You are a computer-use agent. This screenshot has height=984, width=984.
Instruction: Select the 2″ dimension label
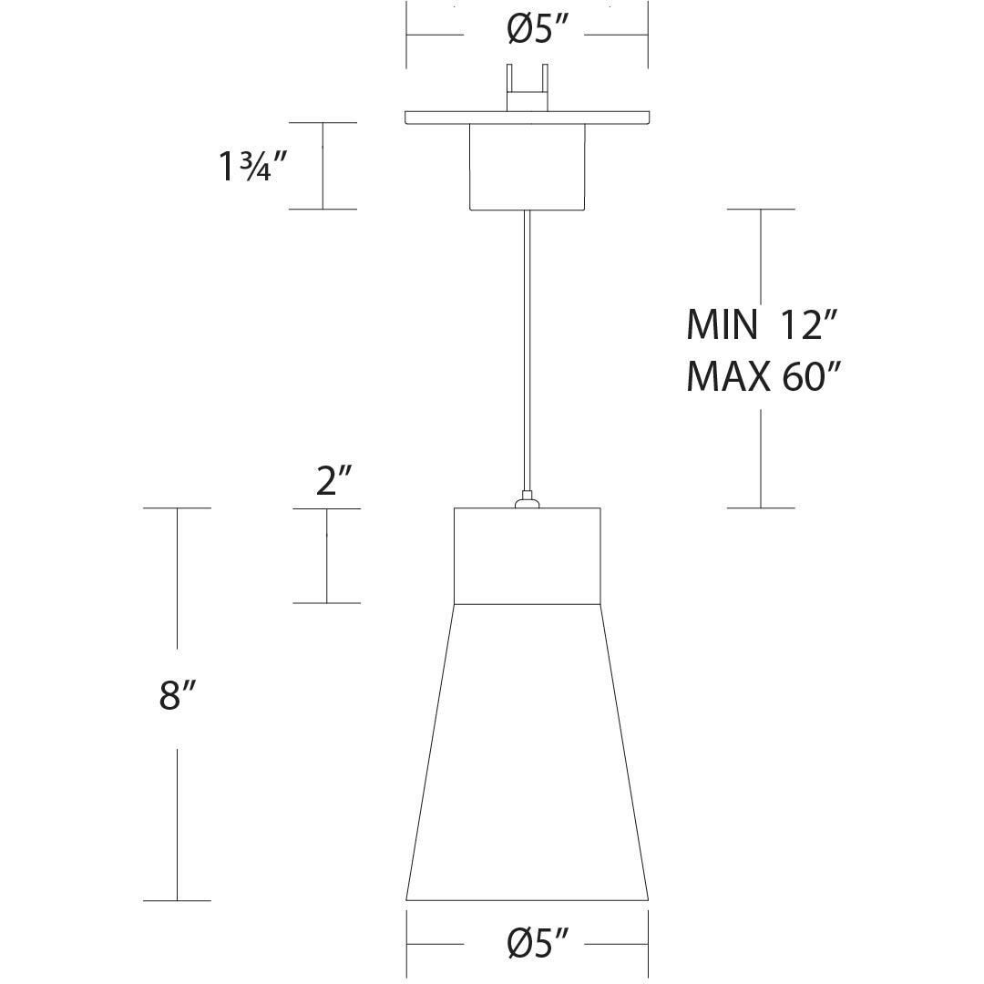[334, 481]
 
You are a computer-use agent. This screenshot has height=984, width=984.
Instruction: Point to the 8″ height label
[177, 694]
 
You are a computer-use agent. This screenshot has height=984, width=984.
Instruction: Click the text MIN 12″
[761, 323]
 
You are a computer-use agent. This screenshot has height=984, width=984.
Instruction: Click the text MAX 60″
[761, 375]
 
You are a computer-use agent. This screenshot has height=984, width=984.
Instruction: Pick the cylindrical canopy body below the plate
[527, 166]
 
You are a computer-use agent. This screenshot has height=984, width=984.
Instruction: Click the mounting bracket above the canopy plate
[528, 90]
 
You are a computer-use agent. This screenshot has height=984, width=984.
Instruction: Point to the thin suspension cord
[526, 346]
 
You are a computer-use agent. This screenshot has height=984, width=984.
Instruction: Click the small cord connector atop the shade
[526, 500]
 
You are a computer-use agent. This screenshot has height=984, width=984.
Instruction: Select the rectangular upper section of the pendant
[527, 556]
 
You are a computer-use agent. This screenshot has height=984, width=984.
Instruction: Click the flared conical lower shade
[527, 756]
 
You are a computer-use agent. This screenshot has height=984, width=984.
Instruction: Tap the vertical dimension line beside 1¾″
[323, 166]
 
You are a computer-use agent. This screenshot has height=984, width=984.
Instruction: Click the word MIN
[721, 323]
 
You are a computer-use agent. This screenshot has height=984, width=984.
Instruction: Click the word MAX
[726, 375]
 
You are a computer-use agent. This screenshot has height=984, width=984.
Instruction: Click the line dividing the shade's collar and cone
[527, 603]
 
